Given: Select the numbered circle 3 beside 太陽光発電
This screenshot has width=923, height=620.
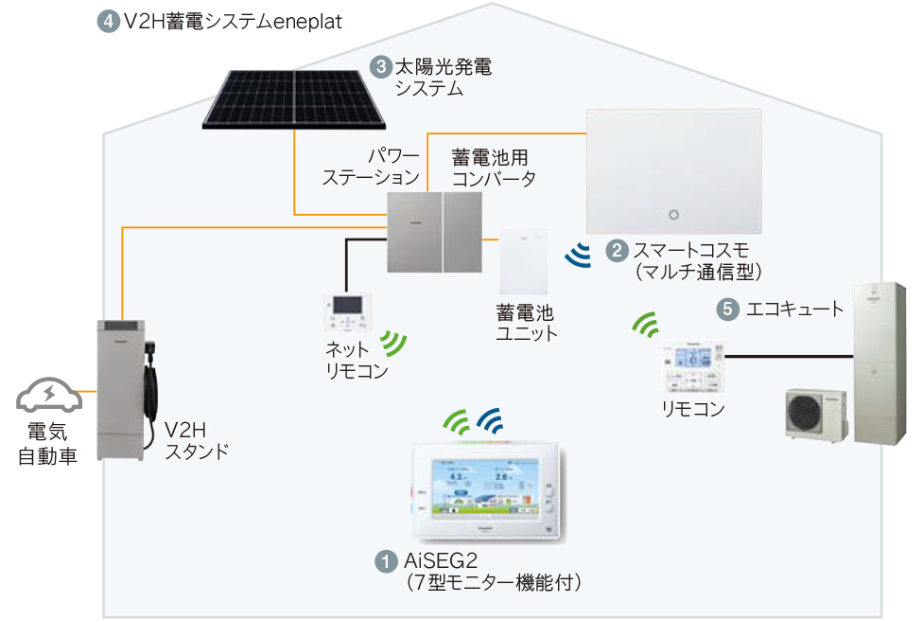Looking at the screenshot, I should pyautogui.click(x=381, y=67).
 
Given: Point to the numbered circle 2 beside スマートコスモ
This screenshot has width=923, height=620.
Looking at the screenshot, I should pyautogui.click(x=616, y=251).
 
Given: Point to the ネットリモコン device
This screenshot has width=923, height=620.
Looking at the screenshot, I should pyautogui.click(x=344, y=309).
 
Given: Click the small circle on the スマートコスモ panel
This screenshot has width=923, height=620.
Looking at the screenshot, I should pyautogui.click(x=674, y=213).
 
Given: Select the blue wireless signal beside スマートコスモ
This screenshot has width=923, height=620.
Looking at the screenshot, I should pyautogui.click(x=577, y=254).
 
